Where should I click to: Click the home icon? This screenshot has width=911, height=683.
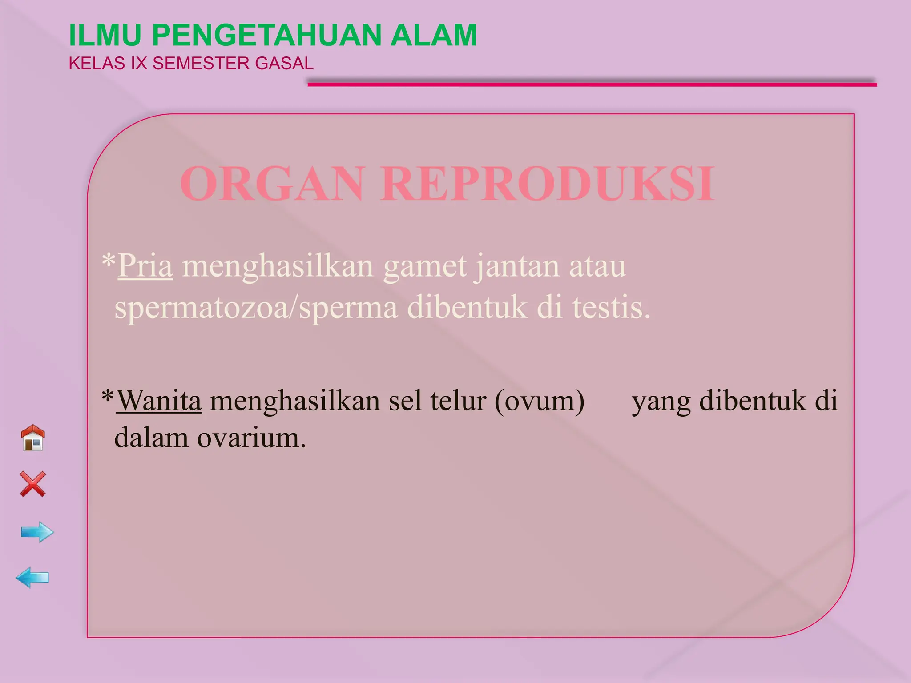[x=33, y=438]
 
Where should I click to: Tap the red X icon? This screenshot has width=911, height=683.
[x=33, y=484]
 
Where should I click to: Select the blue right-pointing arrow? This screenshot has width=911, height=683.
[x=37, y=532]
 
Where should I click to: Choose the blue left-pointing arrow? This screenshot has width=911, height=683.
[x=32, y=578]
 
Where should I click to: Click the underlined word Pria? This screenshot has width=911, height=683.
[x=145, y=266]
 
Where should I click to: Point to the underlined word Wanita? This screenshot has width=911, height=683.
[x=159, y=400]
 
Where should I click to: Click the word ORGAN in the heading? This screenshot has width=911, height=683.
[x=272, y=184]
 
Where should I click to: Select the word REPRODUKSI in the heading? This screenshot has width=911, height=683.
[x=548, y=184]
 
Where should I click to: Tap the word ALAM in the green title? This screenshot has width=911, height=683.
[x=434, y=35]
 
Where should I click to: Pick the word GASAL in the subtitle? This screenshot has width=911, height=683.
[x=284, y=64]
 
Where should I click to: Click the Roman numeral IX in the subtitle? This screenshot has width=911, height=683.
[x=139, y=64]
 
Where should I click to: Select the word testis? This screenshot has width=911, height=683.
[x=611, y=308]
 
